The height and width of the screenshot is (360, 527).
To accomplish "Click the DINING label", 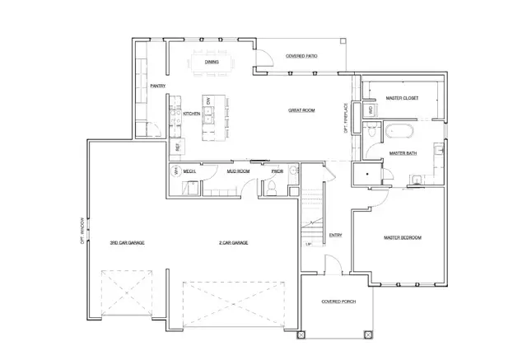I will (212, 61).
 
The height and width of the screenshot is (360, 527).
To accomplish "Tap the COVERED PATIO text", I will (302, 56).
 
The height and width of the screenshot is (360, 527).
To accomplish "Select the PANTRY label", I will (158, 86).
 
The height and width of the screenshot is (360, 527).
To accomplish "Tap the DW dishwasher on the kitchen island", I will (209, 101).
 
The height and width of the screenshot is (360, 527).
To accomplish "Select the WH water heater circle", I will (175, 171).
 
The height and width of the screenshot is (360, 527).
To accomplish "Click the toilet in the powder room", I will (269, 189).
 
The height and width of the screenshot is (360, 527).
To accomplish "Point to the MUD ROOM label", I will (238, 171).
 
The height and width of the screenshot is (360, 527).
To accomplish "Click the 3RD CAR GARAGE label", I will (128, 243).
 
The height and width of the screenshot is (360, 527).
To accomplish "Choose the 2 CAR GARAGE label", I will (233, 243).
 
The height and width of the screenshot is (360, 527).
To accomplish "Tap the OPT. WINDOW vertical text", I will (82, 232).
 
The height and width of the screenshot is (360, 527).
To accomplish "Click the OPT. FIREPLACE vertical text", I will (346, 119).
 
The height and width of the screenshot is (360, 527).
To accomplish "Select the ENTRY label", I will (335, 236).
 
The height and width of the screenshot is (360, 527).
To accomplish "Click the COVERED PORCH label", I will (337, 302).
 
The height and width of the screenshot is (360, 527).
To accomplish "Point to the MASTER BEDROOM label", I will (403, 237).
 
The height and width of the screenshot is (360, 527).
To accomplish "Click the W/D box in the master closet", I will (371, 110).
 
